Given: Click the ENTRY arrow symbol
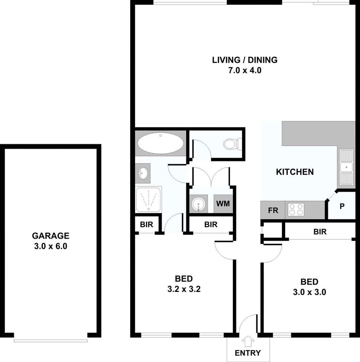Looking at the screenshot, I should pyautogui.click(x=248, y=342).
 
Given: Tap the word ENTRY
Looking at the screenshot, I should pyautogui.click(x=248, y=353).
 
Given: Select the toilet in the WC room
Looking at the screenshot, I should pyautogui.click(x=231, y=144).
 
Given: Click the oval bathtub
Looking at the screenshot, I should pyautogui.click(x=161, y=143).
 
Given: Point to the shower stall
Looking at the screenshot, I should pyautogui.click(x=149, y=199).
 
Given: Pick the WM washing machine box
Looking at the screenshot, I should pyautogui.click(x=223, y=204).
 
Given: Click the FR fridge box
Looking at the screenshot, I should pyautogui.click(x=273, y=210).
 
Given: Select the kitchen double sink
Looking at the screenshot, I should pyautogui.click(x=346, y=167).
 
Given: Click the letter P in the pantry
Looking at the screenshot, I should pyautogui.click(x=342, y=206).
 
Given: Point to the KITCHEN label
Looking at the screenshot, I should pyautogui.click(x=295, y=172).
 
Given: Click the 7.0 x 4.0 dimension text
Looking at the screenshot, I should pyautogui.click(x=244, y=71).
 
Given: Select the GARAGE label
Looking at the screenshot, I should pyautogui.click(x=51, y=236).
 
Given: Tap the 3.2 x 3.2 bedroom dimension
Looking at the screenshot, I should pyautogui.click(x=184, y=289).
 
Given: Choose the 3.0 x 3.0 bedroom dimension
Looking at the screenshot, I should pyautogui.click(x=309, y=292).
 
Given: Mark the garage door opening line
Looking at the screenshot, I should pyautogui.click(x=51, y=341).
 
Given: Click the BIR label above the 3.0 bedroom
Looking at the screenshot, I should pyautogui.click(x=320, y=231).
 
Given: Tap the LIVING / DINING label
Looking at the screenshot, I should pyautogui.click(x=245, y=60).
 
